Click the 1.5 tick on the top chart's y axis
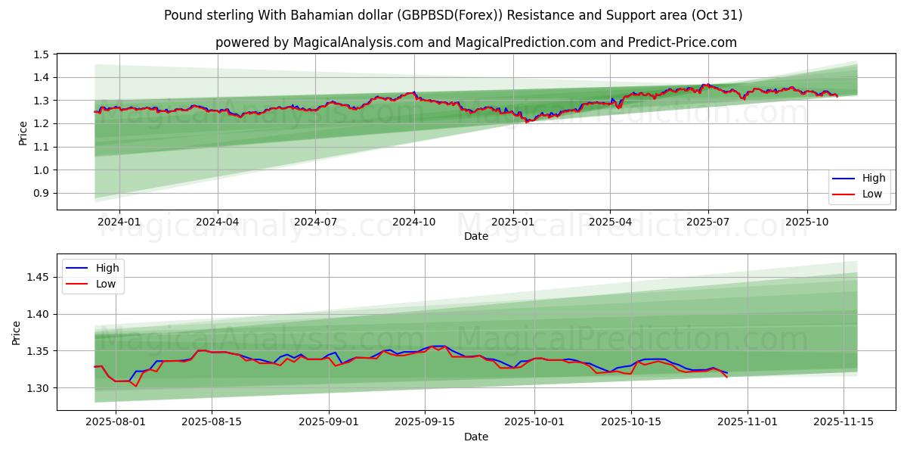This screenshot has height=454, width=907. coord(42,54)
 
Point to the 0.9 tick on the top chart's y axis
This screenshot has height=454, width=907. coord(42,194)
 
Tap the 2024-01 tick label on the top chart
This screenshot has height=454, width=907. coord(119,222)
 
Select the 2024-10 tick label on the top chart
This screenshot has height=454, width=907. coord(414,222)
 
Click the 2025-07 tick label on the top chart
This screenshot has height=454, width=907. coord(708,222)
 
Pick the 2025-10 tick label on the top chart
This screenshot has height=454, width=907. coord(807,222)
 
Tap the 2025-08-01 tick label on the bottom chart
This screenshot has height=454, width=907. coord(116,422)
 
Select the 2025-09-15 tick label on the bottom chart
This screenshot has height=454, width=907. coord(425,422)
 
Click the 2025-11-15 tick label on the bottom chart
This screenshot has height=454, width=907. coord(844,422)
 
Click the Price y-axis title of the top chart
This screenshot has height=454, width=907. coord(23,133)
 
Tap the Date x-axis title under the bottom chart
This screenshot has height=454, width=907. coord(476,437)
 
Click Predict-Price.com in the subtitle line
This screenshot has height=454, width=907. coord(682,42)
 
